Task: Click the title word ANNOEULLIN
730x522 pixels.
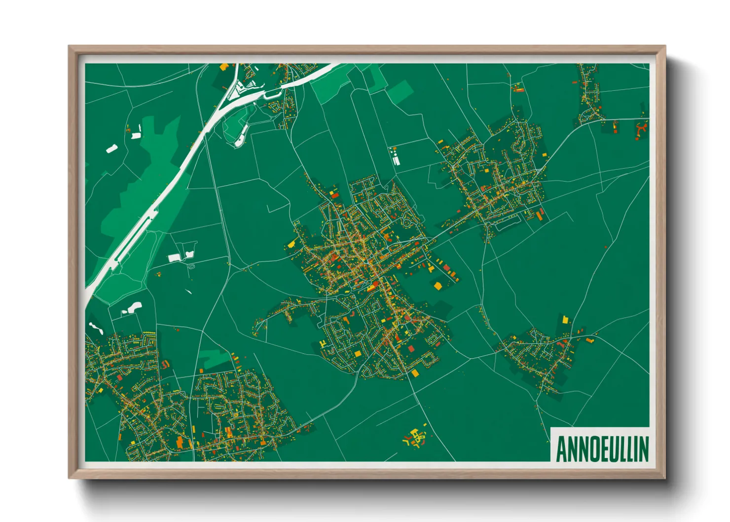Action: click(602, 448)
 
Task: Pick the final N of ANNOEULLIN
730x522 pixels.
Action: click(644, 448)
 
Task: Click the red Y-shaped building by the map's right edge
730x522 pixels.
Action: click(641, 129)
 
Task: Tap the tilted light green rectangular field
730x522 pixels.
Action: click(401, 92)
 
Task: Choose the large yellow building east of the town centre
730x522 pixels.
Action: click(437, 285)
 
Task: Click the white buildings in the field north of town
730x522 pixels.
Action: click(395, 156)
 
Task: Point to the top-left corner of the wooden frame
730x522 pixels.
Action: click(70, 47)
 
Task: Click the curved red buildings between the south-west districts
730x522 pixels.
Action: click(165, 364)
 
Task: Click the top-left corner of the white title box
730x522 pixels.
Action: click(551, 427)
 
